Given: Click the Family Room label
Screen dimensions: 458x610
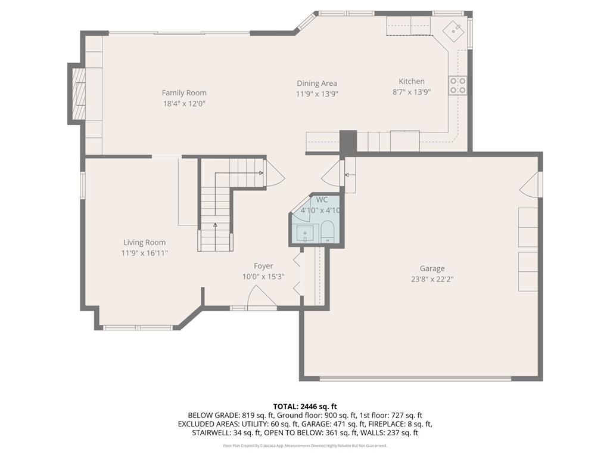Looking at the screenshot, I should tap(184, 92).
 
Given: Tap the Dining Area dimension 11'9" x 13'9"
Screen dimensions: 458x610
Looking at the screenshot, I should tap(317, 94).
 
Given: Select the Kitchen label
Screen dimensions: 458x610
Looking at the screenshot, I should tap(412, 81).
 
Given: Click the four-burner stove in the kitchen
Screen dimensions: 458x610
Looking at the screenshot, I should tap(457, 86).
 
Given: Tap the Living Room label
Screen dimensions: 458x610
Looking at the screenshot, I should tap(144, 242).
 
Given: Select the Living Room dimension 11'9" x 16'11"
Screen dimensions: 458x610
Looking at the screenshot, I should tap(144, 253).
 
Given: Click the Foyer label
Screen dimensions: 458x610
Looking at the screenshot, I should tap(263, 266).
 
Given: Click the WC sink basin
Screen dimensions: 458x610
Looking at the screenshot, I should tap(305, 233).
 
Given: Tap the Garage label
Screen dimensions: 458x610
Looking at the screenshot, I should tap(432, 268).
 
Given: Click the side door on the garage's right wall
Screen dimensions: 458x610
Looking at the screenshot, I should tap(531, 184).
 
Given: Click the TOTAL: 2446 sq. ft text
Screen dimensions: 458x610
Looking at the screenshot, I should tap(305, 406).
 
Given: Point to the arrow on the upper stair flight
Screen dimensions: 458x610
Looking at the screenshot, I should tap(260, 173).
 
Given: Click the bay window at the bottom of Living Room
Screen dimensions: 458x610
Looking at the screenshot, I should tap(138, 327).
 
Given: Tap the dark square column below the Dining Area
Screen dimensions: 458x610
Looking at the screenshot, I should tap(348, 142).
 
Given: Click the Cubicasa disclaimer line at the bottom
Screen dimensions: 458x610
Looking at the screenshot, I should tap(305, 445).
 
